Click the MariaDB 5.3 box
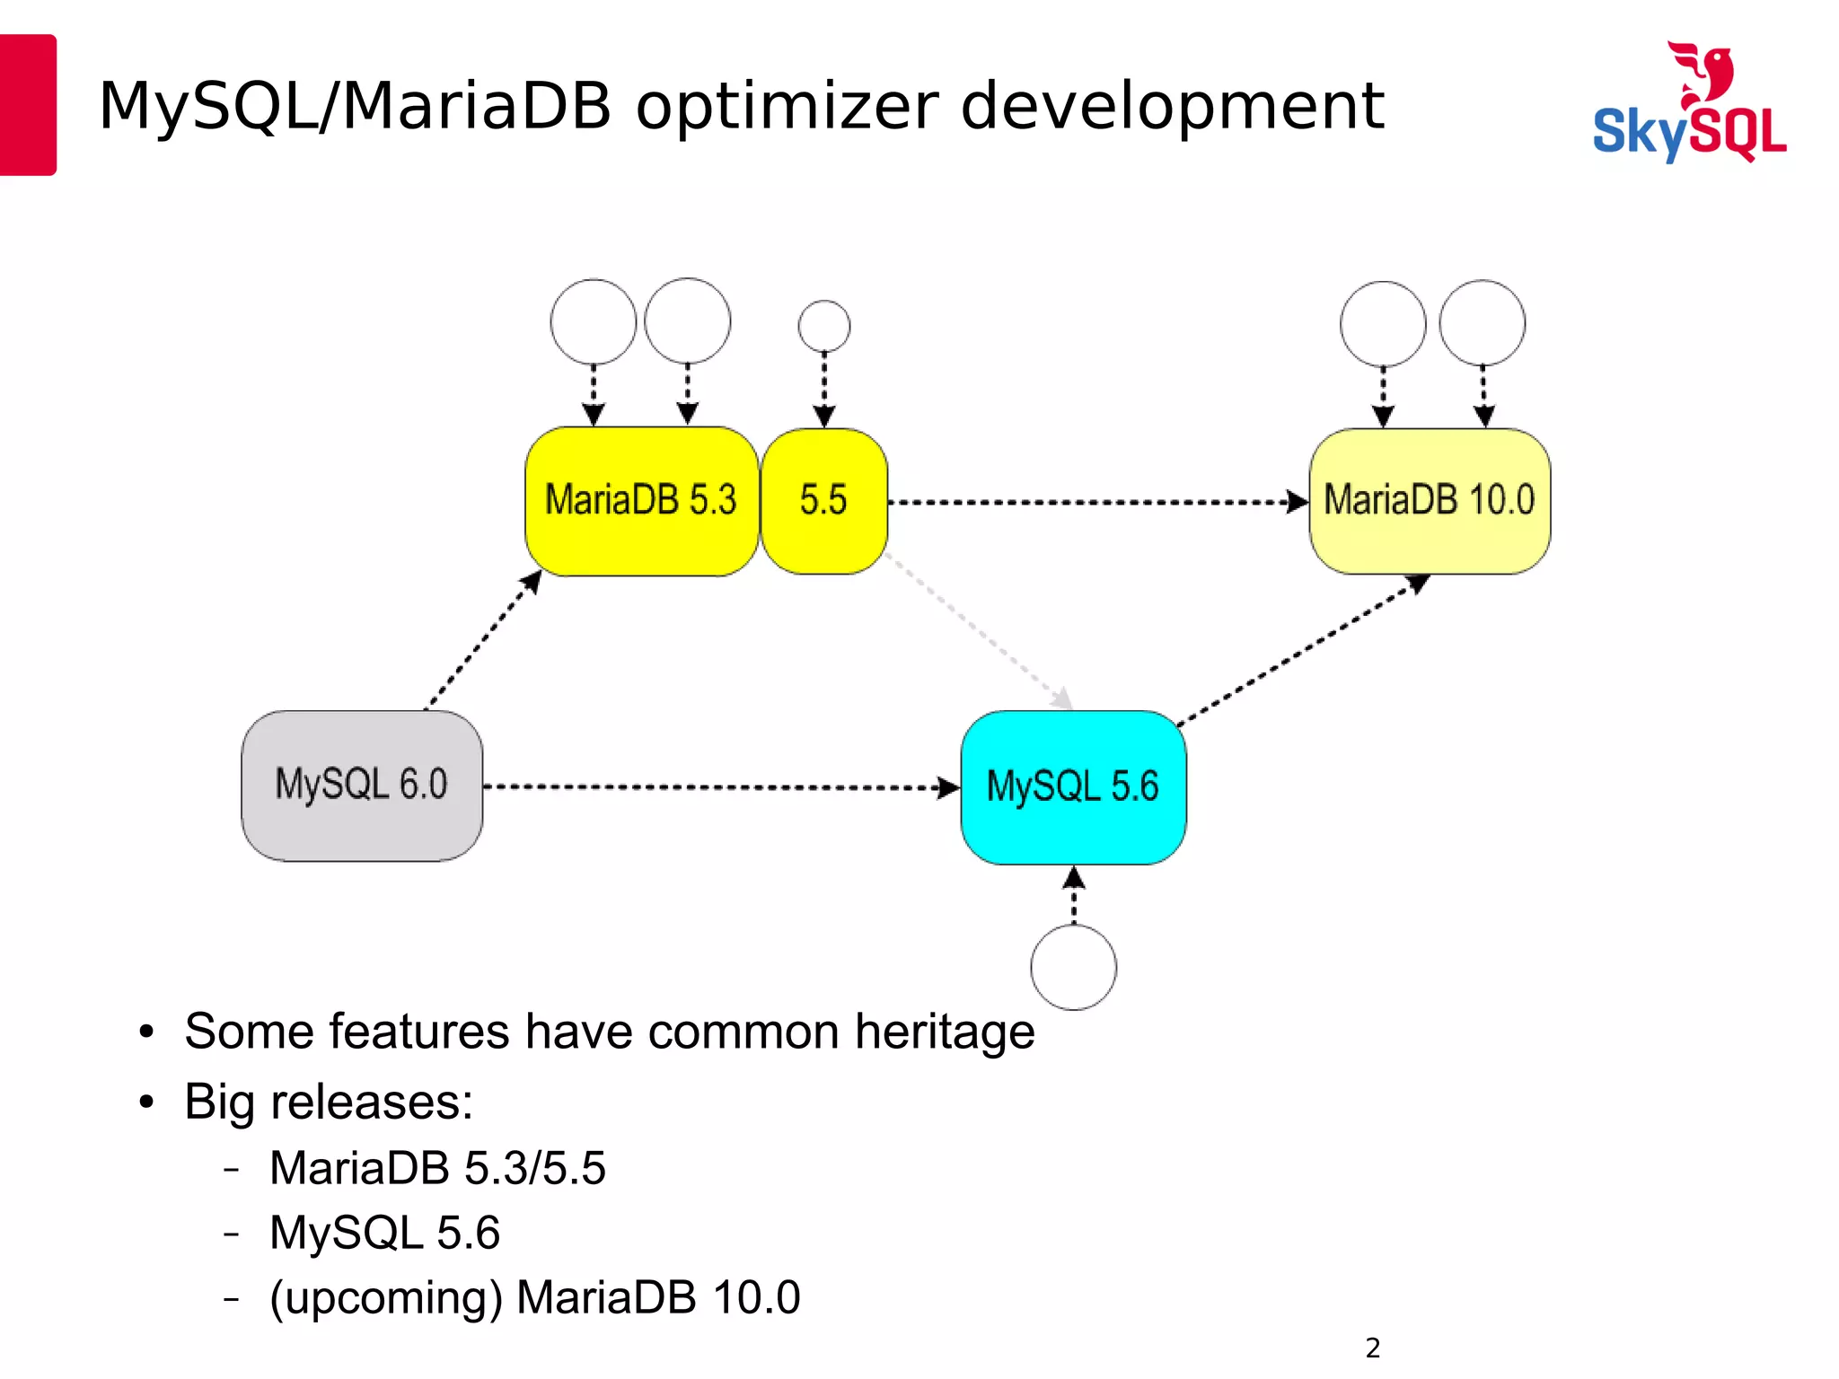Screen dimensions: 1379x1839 pos(641,501)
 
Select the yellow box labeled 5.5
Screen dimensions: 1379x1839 pos(823,501)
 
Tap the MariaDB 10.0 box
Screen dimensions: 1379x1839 pos(1430,501)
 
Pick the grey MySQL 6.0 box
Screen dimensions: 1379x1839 pos(362,786)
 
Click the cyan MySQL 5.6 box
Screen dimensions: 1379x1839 pos(1073,787)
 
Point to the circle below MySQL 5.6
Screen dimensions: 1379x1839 pos(1073,968)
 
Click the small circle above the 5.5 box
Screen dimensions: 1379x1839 pos(823,326)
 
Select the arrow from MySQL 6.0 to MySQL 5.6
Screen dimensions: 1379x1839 pos(718,787)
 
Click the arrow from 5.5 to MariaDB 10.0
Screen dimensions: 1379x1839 pos(1095,502)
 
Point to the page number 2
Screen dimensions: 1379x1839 pos(1372,1348)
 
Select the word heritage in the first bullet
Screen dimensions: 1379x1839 pos(945,1031)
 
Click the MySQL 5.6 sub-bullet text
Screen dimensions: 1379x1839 pos(384,1233)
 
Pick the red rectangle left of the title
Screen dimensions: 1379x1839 pos(27,104)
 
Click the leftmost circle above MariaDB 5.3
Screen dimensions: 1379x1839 pos(593,321)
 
